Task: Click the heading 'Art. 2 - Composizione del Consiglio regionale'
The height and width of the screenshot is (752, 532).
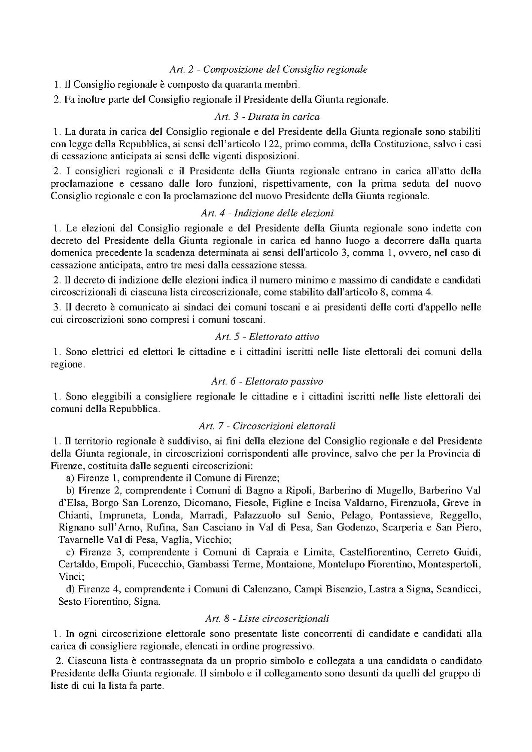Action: coord(268,69)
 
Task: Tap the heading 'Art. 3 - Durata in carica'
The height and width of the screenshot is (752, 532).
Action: coord(266,116)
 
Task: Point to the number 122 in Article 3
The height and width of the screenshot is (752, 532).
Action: coord(271,143)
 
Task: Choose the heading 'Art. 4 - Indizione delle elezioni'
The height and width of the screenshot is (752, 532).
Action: coord(267,213)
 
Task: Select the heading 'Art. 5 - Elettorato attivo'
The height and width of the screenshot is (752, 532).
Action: coord(266,337)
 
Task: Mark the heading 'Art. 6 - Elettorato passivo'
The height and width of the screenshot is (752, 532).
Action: coord(267,381)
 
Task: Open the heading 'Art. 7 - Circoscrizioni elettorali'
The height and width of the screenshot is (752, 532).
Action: coord(267,426)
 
